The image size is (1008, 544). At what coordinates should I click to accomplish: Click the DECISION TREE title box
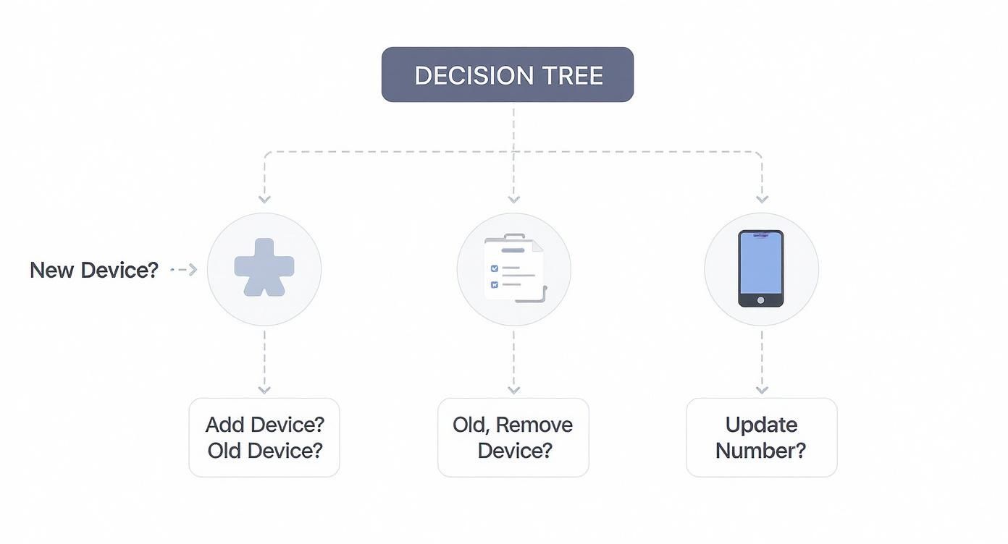tap(507, 75)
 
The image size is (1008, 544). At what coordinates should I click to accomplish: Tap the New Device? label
tap(93, 270)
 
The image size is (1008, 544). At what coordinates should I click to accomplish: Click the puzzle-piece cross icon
tap(264, 268)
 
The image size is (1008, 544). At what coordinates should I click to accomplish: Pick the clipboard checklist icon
tap(514, 268)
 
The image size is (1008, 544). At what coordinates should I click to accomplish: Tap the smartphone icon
tap(760, 268)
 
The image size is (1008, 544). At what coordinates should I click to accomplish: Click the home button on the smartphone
tap(760, 299)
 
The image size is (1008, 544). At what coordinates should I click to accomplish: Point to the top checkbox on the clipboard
tap(495, 268)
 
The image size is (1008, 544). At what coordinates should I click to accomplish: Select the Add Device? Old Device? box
tap(264, 437)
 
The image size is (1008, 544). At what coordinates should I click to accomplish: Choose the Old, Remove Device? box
tap(513, 437)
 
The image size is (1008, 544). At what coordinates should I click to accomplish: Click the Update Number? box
tap(761, 437)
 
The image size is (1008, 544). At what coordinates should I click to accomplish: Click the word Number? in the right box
tap(760, 451)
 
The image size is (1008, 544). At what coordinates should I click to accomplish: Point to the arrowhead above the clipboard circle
tap(513, 199)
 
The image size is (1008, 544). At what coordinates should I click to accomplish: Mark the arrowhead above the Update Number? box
tap(762, 390)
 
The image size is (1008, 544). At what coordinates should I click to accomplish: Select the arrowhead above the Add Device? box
tap(264, 390)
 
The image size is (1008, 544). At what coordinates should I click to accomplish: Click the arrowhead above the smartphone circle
tap(762, 199)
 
